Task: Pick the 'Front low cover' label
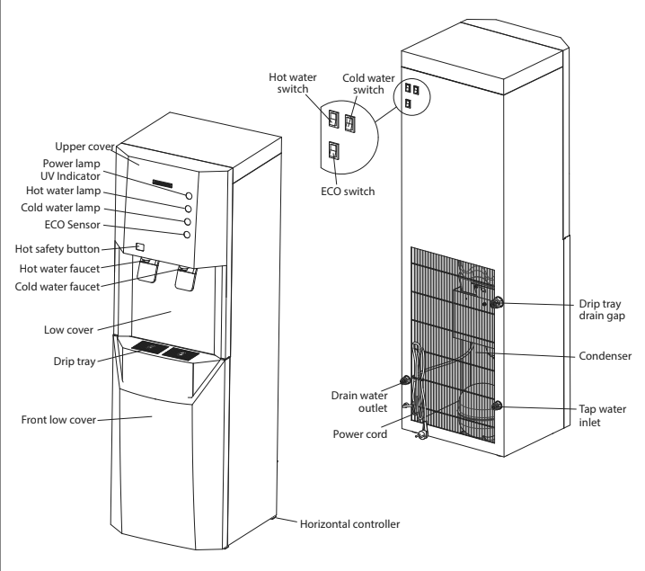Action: (x=59, y=418)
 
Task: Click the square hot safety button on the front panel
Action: (x=141, y=247)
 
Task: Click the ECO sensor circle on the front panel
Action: (x=187, y=235)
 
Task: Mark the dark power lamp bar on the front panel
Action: (x=163, y=185)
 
